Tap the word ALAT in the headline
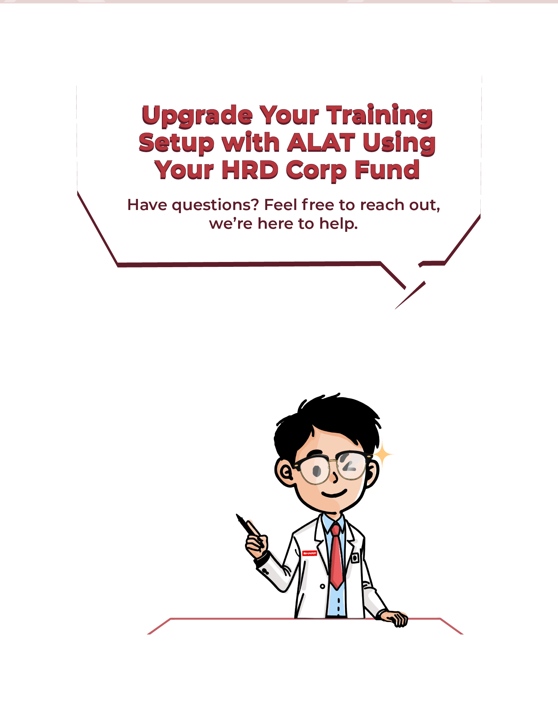(321, 143)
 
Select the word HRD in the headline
(250, 170)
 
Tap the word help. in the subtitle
(338, 224)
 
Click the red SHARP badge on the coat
(309, 553)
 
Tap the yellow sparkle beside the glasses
(382, 454)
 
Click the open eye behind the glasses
(316, 471)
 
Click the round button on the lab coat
(322, 586)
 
